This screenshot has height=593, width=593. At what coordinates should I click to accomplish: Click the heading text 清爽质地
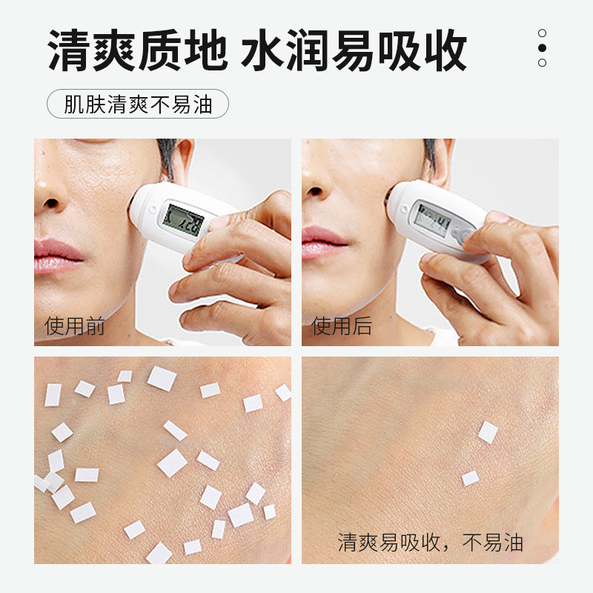[138, 50]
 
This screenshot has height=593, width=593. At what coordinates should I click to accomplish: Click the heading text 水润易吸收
[354, 50]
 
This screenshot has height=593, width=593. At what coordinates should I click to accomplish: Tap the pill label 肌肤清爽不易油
[138, 104]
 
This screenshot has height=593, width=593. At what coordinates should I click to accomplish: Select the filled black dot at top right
[542, 48]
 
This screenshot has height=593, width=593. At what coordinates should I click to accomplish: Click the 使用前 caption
[75, 325]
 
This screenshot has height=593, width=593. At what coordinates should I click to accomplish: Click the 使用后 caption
[342, 325]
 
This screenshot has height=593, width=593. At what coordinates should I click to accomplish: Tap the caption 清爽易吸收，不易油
[431, 543]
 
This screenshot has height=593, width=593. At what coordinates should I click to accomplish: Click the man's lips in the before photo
[57, 256]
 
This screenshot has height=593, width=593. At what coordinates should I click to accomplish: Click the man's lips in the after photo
[322, 242]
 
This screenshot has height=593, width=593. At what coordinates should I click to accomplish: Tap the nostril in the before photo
[51, 204]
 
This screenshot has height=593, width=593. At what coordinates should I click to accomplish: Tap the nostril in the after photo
[315, 191]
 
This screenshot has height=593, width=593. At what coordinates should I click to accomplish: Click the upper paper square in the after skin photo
[488, 432]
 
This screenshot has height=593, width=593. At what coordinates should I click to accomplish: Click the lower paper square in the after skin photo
[471, 478]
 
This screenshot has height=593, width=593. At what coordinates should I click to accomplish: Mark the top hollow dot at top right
[542, 33]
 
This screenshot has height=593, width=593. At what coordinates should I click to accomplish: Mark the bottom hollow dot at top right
[542, 63]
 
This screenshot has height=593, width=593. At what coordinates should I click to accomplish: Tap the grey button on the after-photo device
[463, 233]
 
